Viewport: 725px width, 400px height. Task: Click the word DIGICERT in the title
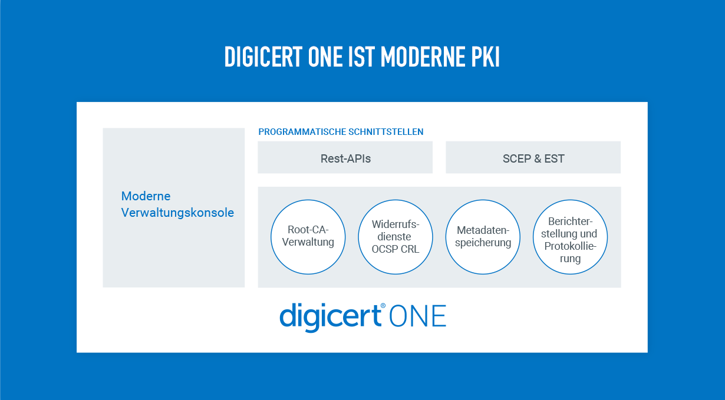[x=263, y=57]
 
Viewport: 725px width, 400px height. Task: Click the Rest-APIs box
[x=345, y=157]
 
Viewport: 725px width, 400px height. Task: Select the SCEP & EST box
[x=533, y=157]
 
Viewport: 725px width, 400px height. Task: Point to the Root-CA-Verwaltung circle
[x=308, y=237]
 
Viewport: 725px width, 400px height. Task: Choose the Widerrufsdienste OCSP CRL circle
[x=396, y=237]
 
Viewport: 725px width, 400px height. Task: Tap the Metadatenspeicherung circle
[x=483, y=237]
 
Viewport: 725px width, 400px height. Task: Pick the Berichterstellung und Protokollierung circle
[x=571, y=237]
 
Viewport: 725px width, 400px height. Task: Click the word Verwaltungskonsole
[x=177, y=213]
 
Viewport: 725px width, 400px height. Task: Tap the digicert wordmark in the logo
[x=331, y=317]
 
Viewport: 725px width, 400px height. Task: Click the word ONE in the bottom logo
[x=417, y=316]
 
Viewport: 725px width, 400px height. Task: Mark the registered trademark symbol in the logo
[x=383, y=306]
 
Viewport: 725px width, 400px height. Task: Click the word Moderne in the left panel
[x=146, y=196]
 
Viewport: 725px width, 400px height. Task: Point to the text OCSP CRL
[x=395, y=249]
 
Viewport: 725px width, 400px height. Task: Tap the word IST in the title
[x=361, y=57]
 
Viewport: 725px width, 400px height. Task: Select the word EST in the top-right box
[x=554, y=159]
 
